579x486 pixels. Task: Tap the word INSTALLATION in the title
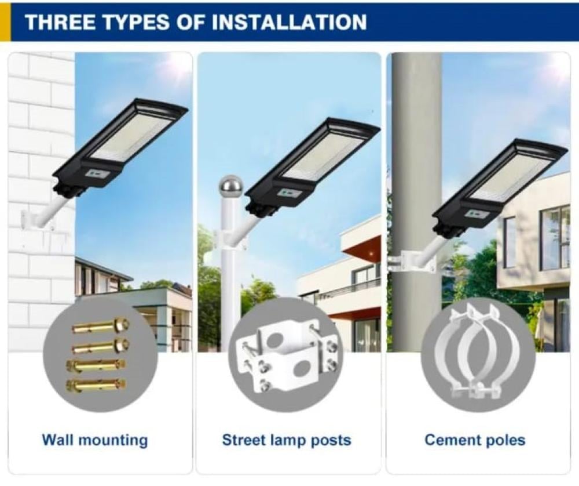(x=289, y=22)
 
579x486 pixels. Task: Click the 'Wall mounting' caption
(x=95, y=441)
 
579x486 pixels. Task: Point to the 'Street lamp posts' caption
(x=287, y=440)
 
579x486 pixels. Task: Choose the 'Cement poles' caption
(x=475, y=440)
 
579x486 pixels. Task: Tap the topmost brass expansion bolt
(x=100, y=325)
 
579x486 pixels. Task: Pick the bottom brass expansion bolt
(x=96, y=385)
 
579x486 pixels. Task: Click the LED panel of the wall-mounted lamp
(x=130, y=136)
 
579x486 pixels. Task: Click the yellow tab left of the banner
(x=5, y=21)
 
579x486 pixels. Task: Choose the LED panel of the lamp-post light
(x=322, y=156)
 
